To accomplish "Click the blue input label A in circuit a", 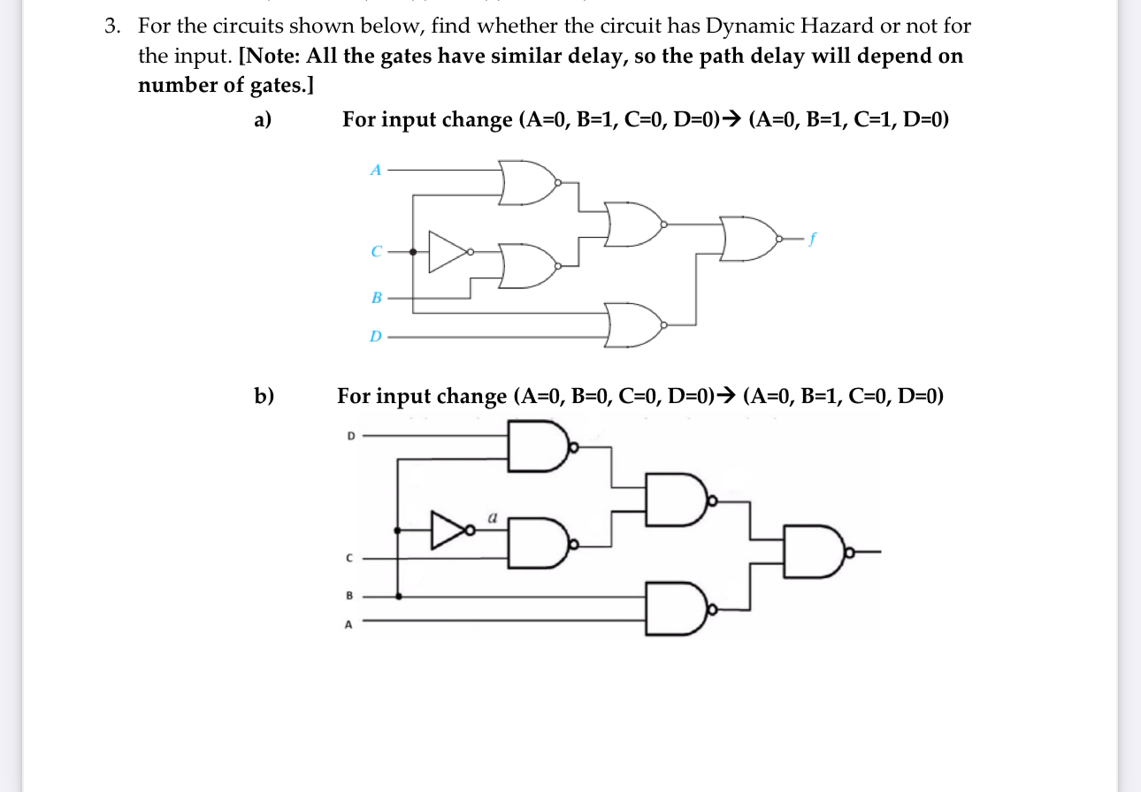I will [x=375, y=170].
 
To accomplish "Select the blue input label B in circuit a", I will [x=376, y=299].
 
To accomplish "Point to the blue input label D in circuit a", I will [x=376, y=337].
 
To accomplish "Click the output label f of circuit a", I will [x=811, y=238].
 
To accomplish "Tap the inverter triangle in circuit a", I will [x=448, y=252].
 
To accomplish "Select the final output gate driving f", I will [x=748, y=238].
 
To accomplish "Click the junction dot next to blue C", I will [x=413, y=252].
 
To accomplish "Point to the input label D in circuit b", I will [x=349, y=435].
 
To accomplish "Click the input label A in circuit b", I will [x=348, y=624].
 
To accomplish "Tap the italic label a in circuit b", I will [x=493, y=513].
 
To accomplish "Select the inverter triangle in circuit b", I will [x=448, y=529].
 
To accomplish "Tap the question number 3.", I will [x=111, y=27].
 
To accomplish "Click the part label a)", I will [x=262, y=119].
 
